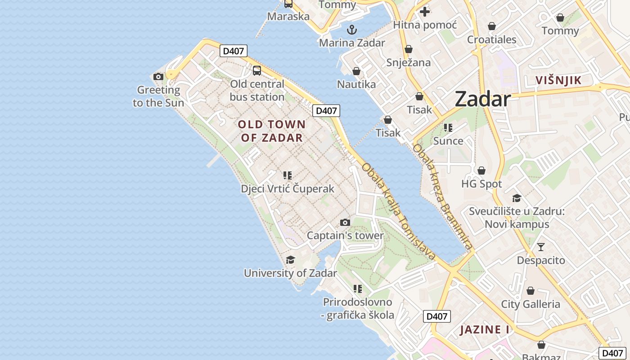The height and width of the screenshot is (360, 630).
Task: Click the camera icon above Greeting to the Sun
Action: click(158, 77)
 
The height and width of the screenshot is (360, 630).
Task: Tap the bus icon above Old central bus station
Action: click(256, 71)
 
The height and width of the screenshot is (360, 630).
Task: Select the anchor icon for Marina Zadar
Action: click(352, 30)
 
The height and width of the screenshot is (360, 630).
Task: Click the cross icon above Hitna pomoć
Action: click(424, 12)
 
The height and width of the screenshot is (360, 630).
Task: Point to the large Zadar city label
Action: click(482, 99)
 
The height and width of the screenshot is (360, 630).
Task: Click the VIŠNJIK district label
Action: click(558, 81)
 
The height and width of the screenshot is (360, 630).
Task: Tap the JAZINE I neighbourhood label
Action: click(485, 330)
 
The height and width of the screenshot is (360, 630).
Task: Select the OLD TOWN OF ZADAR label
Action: click(272, 131)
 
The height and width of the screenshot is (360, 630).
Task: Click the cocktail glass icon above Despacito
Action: click(540, 247)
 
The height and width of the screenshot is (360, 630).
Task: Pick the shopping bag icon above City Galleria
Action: click(531, 291)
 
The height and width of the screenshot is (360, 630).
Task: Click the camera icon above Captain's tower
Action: click(345, 222)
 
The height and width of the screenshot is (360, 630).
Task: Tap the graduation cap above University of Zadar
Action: click(290, 260)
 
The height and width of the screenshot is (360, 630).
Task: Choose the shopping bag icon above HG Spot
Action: click(481, 171)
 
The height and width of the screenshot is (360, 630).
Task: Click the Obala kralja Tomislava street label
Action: click(399, 211)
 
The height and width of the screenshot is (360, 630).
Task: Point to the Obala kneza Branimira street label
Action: click(443, 196)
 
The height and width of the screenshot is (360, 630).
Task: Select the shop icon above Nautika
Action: click(356, 72)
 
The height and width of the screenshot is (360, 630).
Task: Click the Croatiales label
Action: click(491, 40)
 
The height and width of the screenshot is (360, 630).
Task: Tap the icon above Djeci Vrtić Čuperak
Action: click(288, 175)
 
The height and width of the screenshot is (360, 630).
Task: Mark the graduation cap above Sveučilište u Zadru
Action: click(517, 198)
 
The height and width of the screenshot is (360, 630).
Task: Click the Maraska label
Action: click(288, 17)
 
